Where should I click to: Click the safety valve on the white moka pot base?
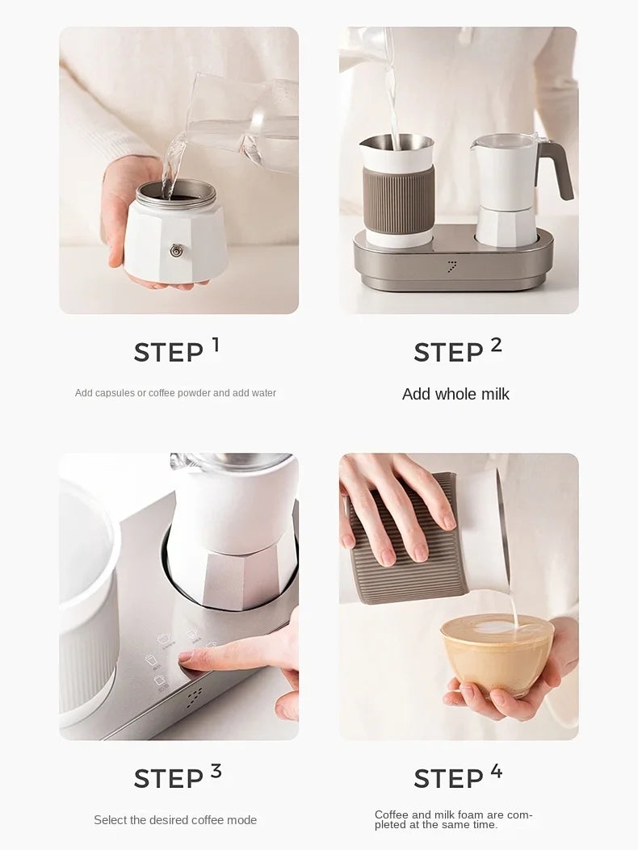(x=176, y=250)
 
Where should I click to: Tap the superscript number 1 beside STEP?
(x=216, y=344)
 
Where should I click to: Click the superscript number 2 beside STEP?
(x=497, y=344)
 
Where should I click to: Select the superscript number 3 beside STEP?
(x=216, y=770)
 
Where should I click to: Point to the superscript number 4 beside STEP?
(x=497, y=770)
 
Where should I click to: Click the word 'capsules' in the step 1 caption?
(x=115, y=393)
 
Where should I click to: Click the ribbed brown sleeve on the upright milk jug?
(x=399, y=192)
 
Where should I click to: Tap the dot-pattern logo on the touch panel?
(x=194, y=698)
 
